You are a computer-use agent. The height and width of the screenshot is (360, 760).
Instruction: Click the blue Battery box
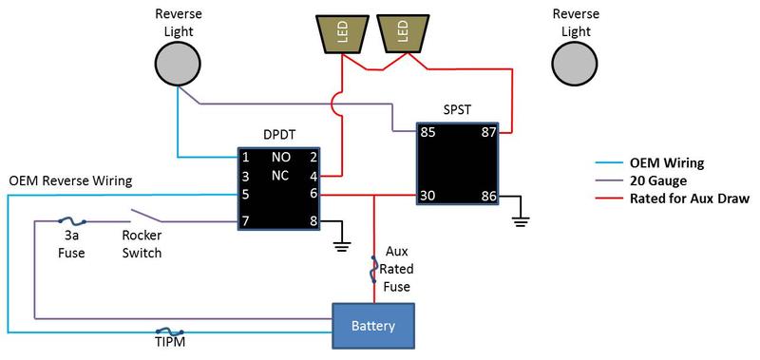point(372,326)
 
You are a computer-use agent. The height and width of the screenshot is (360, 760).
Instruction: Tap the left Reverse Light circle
point(178,64)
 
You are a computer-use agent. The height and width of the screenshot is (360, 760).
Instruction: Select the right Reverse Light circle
point(575,64)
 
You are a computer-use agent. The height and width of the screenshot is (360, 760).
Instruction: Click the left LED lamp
point(342,33)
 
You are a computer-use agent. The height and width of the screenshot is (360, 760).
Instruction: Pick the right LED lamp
point(403,33)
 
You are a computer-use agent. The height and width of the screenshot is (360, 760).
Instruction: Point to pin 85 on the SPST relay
point(428,132)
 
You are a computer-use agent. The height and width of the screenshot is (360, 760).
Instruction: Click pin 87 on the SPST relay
point(488,132)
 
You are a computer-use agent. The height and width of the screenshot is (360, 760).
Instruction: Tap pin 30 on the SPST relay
point(428,196)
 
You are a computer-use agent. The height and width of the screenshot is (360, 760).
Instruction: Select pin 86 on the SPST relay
point(488,196)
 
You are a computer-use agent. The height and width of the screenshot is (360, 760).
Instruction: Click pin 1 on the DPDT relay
point(245,157)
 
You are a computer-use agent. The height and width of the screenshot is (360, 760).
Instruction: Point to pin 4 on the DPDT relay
point(313,176)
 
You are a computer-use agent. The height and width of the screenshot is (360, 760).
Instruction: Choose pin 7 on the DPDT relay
point(245,222)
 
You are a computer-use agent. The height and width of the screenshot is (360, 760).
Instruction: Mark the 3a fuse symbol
point(72,221)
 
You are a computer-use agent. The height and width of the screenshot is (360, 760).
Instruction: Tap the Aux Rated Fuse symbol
point(373,269)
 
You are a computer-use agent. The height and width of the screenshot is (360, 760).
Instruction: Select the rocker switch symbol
point(145,217)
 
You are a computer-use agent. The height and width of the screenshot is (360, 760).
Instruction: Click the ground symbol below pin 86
point(521,221)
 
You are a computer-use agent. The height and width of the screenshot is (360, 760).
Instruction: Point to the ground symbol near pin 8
point(342,246)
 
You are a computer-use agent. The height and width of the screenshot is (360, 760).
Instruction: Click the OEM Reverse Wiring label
point(70,181)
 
